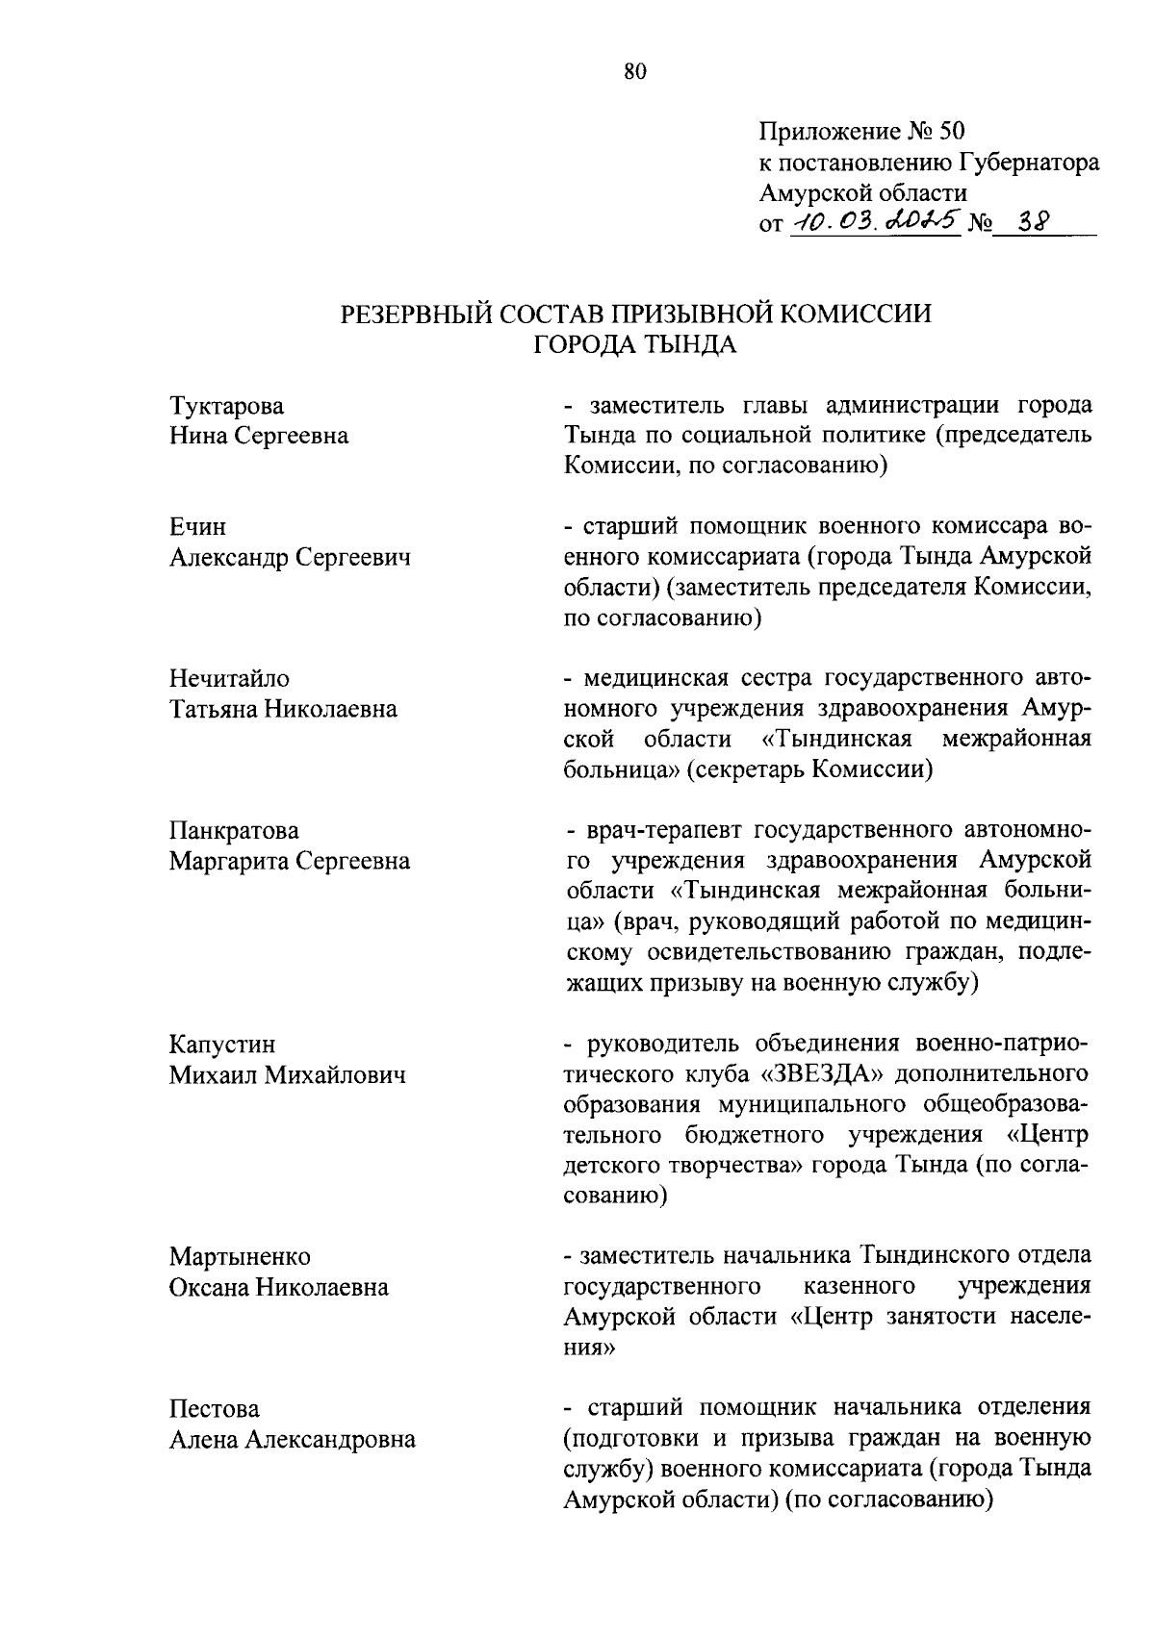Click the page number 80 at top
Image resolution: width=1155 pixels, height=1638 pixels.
[635, 71]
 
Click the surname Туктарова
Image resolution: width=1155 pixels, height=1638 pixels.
[227, 406]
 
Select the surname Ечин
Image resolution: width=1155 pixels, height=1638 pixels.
[198, 527]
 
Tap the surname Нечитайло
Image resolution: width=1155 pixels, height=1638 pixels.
[229, 679]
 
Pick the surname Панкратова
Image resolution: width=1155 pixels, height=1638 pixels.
[234, 830]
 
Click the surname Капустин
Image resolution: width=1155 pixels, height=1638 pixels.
[222, 1044]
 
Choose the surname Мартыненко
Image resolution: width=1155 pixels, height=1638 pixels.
[240, 1256]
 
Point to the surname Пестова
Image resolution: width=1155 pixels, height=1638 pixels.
[215, 1408]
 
